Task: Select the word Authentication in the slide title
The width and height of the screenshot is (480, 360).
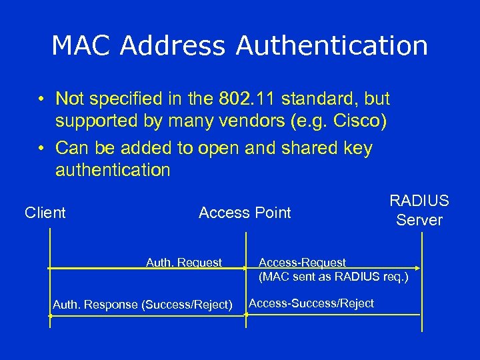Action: point(331,46)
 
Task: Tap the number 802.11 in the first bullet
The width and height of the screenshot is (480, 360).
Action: point(247,99)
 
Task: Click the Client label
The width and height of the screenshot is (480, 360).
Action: point(45,213)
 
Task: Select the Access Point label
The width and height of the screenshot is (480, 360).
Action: point(245,213)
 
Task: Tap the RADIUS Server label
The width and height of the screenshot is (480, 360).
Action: point(419,211)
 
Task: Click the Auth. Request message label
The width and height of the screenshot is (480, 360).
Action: point(184,263)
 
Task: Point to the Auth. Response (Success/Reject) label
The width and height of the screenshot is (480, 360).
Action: point(143,305)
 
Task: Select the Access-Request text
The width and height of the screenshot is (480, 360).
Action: point(303,263)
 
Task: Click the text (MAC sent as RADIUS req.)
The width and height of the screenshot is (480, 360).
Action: point(333,276)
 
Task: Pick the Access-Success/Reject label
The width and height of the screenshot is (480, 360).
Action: point(311,303)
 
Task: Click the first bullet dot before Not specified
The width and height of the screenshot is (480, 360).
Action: point(41,100)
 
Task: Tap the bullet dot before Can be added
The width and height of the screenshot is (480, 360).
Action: point(41,149)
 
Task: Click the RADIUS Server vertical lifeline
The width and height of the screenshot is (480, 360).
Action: point(419,287)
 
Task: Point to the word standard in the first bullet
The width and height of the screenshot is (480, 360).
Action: point(316,99)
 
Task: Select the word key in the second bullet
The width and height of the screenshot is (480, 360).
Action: point(359,148)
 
